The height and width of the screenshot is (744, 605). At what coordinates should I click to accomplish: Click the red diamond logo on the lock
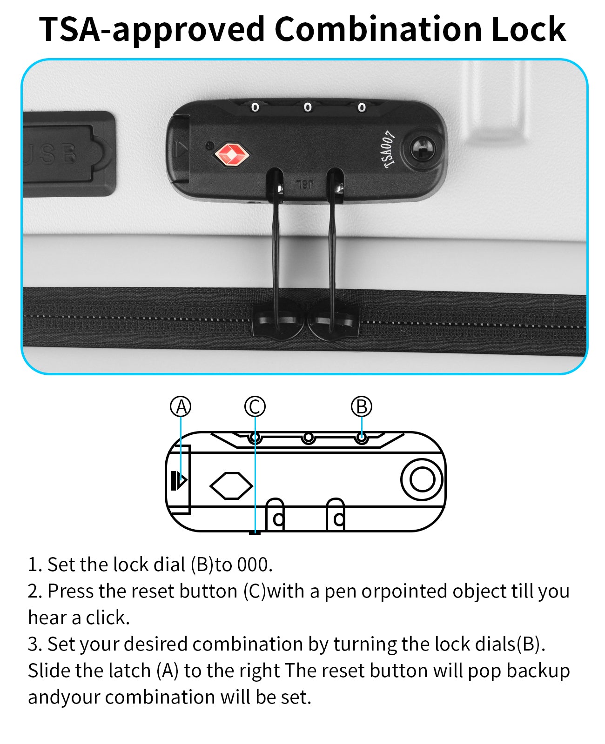tap(232, 154)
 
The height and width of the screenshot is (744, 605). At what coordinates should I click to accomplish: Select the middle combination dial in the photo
tap(307, 107)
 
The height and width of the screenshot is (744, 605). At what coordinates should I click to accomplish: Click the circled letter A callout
tap(181, 406)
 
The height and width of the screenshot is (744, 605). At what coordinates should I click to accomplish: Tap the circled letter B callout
tap(362, 406)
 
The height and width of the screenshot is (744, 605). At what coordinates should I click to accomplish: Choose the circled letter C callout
tap(255, 406)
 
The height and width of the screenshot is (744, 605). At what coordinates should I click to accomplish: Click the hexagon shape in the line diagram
tap(231, 486)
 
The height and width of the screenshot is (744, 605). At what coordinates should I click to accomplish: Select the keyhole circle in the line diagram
tap(422, 479)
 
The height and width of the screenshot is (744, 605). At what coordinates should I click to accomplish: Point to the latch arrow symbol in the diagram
tap(179, 480)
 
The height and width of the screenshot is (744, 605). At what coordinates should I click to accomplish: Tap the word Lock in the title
tap(529, 29)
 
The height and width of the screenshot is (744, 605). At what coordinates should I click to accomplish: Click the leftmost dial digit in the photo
tap(255, 107)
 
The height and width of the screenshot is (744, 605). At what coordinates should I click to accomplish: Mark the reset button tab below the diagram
tap(255, 533)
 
